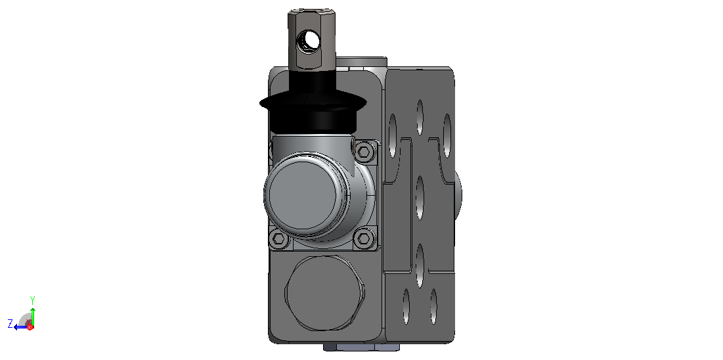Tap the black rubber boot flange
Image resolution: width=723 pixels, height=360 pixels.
tap(313, 103)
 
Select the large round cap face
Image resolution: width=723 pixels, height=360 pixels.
tap(303, 194)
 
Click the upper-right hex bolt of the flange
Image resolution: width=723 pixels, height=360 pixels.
tap(364, 151)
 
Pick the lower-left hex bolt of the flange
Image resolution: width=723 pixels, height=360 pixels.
tap(278, 238)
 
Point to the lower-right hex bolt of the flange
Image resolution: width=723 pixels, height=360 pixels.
tap(364, 238)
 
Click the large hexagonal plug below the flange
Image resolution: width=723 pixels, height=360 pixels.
tap(325, 293)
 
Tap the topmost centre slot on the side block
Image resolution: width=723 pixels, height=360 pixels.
tap(420, 117)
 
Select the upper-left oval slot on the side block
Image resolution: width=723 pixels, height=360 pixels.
tap(393, 136)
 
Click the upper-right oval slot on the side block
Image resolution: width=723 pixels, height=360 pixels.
tap(447, 136)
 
